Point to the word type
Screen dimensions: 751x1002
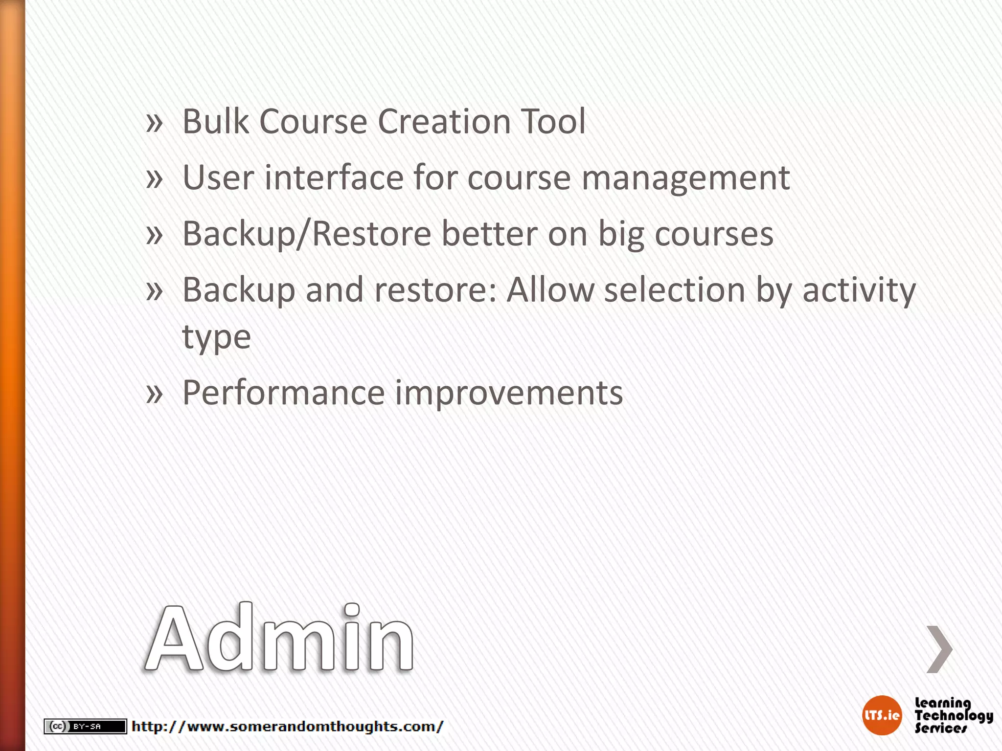[x=216, y=337]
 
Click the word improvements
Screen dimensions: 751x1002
[x=509, y=394]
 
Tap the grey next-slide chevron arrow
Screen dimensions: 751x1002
[x=939, y=649]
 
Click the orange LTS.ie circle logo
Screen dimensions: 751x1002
[x=882, y=715]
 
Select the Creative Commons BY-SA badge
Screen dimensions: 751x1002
[x=85, y=727]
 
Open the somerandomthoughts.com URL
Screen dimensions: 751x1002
[x=288, y=727]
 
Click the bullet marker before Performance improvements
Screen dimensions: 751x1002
[x=154, y=393]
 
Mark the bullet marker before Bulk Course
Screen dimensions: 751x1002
[x=154, y=122]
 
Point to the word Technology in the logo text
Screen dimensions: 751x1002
[x=954, y=715]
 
